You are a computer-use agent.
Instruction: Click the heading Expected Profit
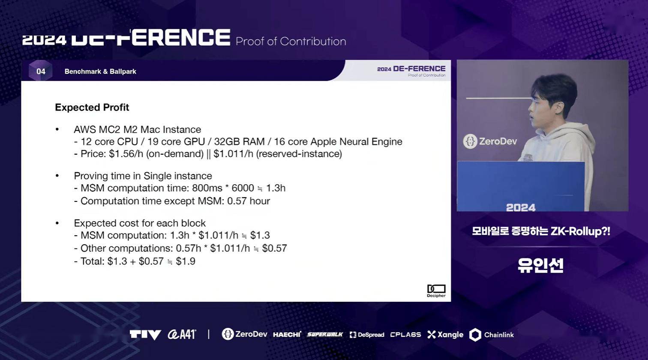[92, 108]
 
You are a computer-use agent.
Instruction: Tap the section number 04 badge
[41, 71]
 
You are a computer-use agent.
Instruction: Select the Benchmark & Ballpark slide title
[100, 72]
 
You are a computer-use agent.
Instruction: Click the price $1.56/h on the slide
[126, 154]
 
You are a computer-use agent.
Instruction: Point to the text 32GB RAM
[239, 141]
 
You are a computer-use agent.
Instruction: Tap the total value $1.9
[186, 261]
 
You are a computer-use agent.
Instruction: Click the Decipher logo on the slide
[436, 291]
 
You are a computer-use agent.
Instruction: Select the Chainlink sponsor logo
[492, 335]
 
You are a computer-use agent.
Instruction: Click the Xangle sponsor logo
[445, 335]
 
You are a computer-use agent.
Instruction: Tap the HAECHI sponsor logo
[287, 335]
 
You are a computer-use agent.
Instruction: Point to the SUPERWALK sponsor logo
[325, 335]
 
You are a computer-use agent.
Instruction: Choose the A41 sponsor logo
[182, 335]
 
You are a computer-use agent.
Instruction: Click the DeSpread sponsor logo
[367, 335]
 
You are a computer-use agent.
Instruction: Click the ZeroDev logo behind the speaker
[490, 141]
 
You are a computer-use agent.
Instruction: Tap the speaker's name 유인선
[540, 265]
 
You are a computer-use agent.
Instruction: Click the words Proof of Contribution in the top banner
[291, 42]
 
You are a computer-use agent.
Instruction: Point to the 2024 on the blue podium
[521, 207]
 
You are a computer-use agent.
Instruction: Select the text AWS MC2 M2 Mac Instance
[138, 129]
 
